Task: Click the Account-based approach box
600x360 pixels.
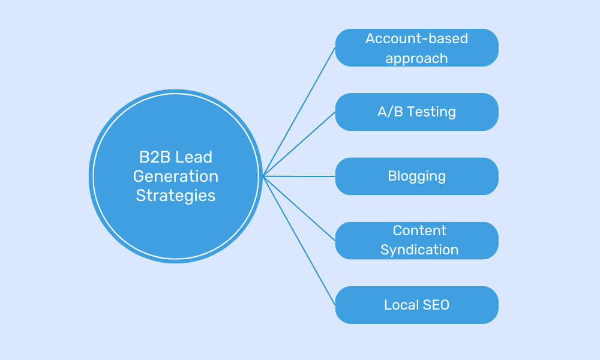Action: [x=416, y=48]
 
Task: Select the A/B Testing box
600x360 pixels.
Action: [x=416, y=112]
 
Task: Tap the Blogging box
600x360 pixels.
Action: [x=416, y=176]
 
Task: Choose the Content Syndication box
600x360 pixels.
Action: [x=416, y=241]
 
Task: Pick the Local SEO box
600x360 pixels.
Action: [x=416, y=305]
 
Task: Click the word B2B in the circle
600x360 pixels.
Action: [x=152, y=157]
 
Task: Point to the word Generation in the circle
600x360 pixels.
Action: [x=176, y=176]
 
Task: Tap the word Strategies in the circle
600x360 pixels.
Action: [x=176, y=196]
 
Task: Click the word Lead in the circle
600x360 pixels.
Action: [x=194, y=157]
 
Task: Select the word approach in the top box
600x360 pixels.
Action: [x=416, y=58]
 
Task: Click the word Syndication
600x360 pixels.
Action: [x=419, y=250]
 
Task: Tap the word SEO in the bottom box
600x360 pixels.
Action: [x=435, y=305]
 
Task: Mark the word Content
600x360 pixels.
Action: [x=419, y=230]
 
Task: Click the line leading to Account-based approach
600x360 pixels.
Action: [x=299, y=112]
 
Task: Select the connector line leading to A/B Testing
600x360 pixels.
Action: [x=299, y=144]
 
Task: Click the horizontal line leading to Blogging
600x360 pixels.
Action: [x=299, y=176]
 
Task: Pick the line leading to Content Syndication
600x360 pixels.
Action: [x=299, y=208]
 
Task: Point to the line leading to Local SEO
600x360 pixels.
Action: [x=299, y=241]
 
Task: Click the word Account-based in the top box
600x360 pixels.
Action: [x=416, y=38]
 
